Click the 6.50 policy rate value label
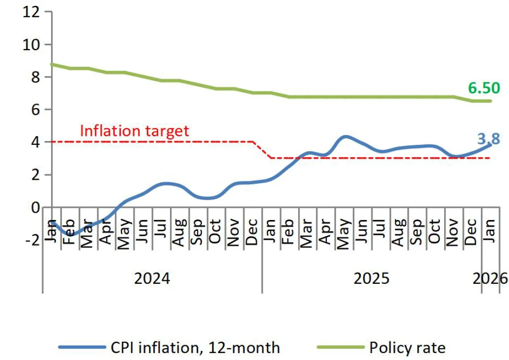click(484, 88)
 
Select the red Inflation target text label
click(134, 131)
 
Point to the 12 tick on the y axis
click(30, 12)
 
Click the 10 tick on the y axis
click(30, 44)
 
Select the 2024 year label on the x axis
click(152, 278)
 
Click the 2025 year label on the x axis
click(371, 278)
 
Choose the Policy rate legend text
click(407, 348)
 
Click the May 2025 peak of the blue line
click(345, 137)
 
